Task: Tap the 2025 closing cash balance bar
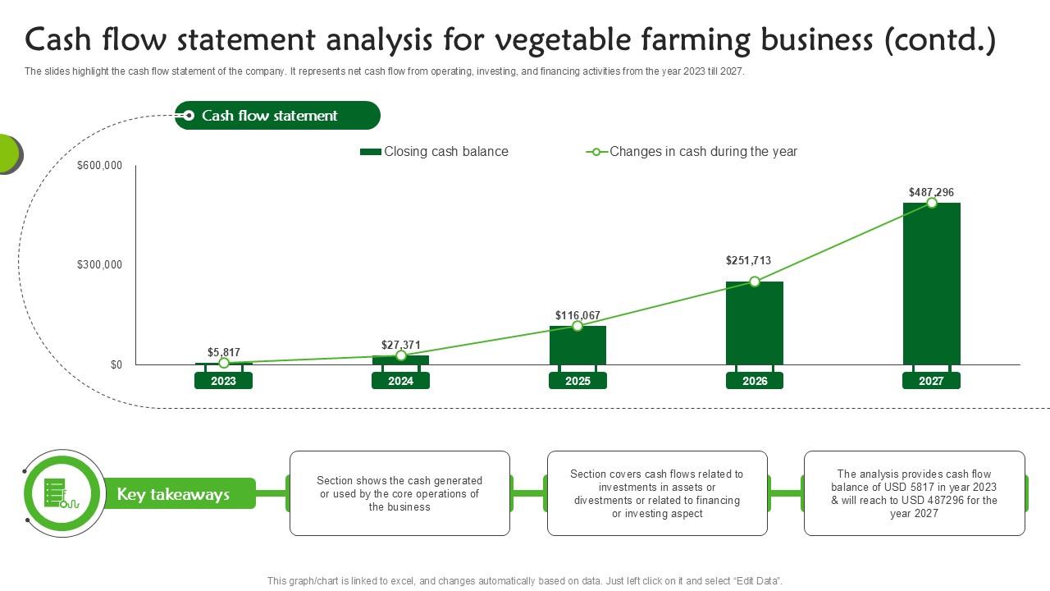click(x=577, y=346)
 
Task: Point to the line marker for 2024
click(x=400, y=355)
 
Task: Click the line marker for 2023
click(x=223, y=363)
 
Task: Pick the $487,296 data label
click(x=931, y=193)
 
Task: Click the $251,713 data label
click(x=748, y=261)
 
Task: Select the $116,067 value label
click(x=577, y=315)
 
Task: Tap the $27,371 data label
click(x=400, y=345)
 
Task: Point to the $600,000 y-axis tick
click(x=99, y=166)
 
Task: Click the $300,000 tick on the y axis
click(x=99, y=265)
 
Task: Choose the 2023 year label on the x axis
click(x=223, y=381)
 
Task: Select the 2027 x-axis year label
click(x=931, y=381)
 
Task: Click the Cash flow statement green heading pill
click(x=277, y=116)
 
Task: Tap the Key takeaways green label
click(x=173, y=494)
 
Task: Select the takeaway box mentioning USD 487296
click(x=914, y=493)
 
